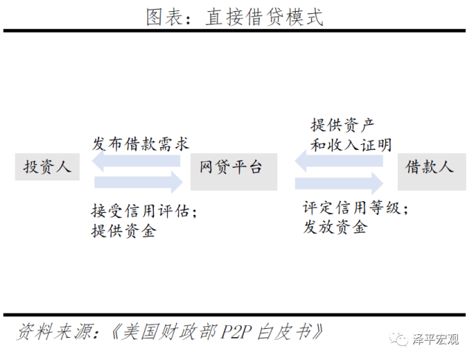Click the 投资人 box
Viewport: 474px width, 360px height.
tap(47, 166)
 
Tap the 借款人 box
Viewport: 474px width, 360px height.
tap(430, 166)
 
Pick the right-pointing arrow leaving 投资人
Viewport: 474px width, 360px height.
tap(138, 180)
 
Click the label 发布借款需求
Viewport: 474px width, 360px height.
tap(137, 143)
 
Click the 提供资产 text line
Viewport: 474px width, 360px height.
tap(342, 123)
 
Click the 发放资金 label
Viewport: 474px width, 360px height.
tap(334, 228)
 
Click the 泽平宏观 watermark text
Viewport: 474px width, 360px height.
tap(436, 339)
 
